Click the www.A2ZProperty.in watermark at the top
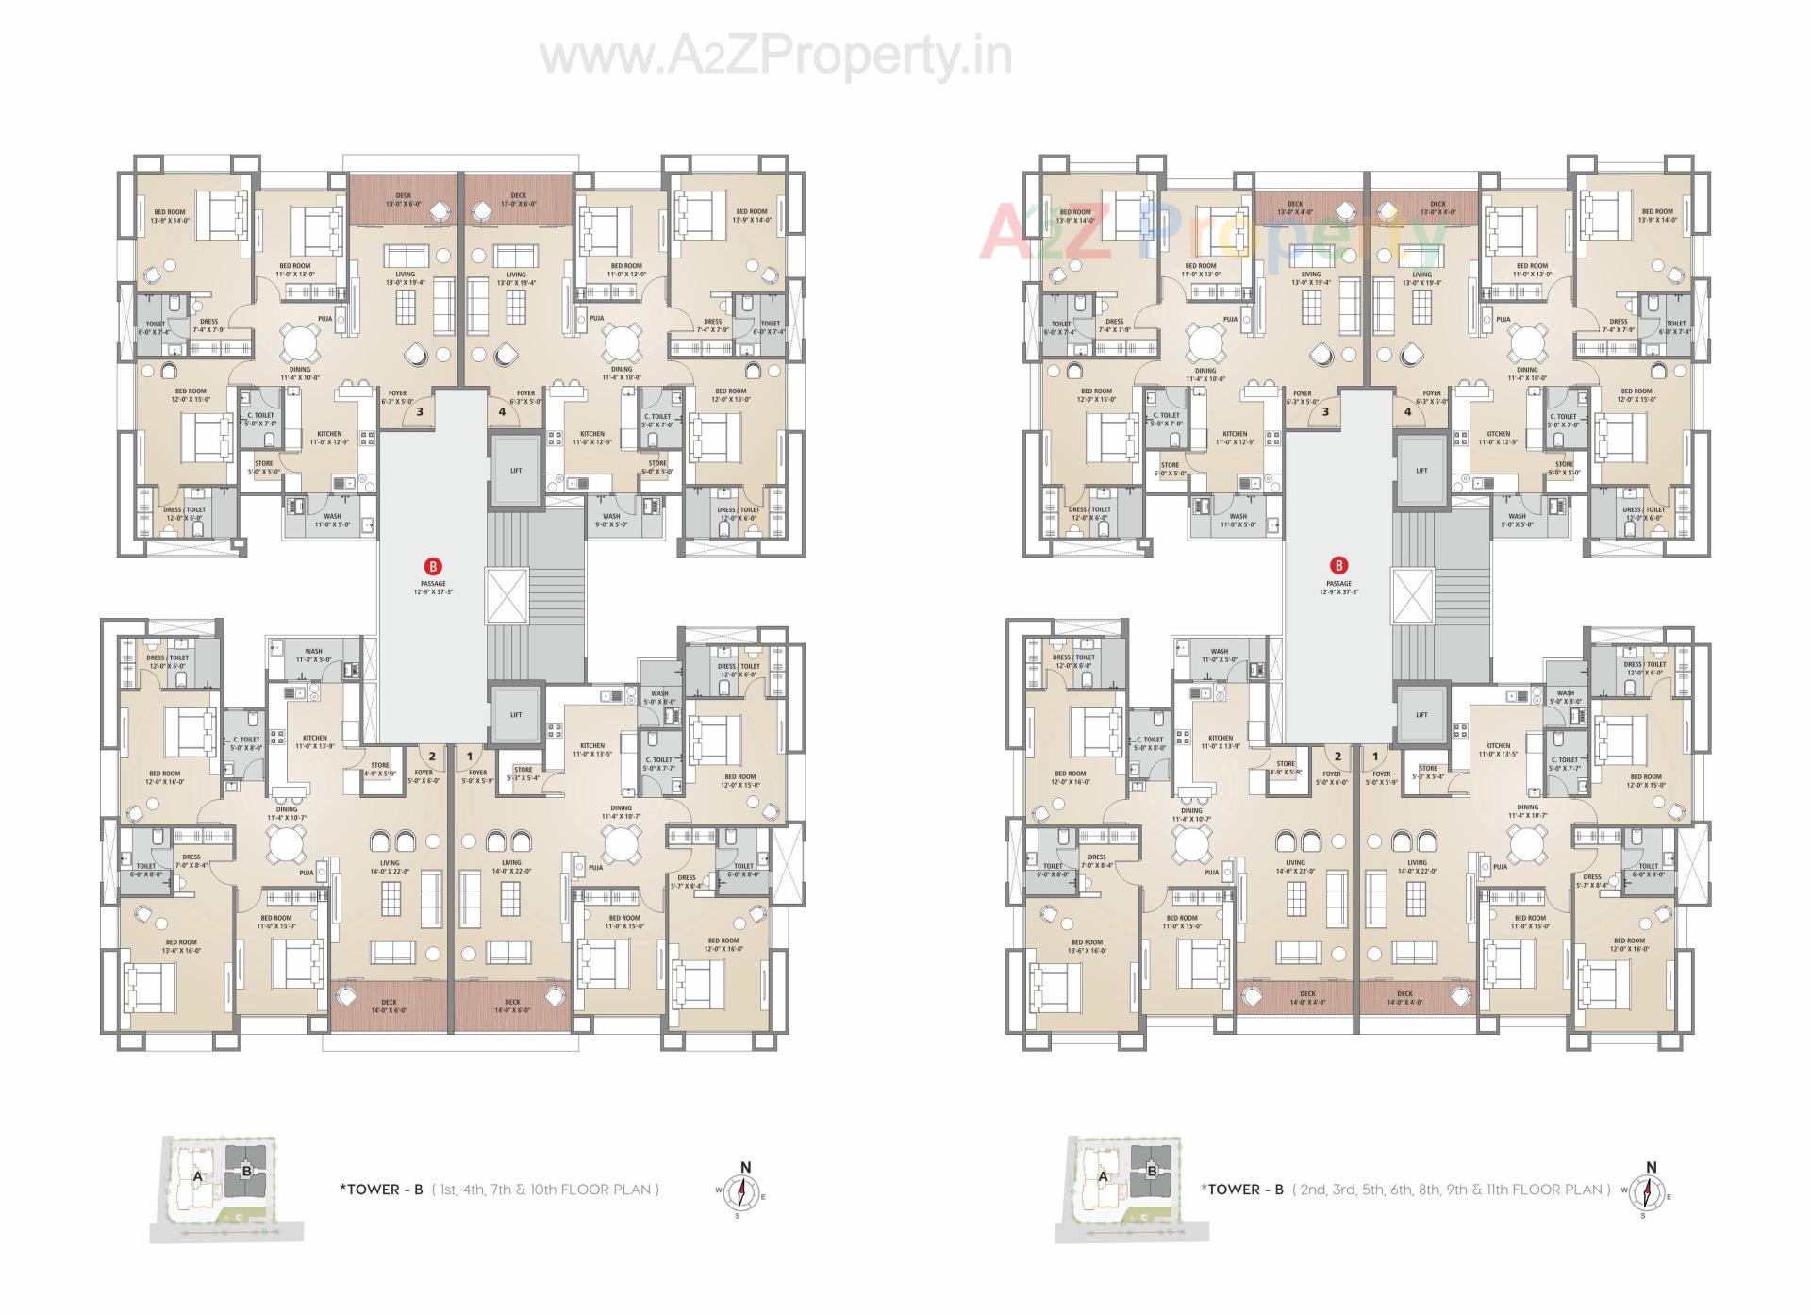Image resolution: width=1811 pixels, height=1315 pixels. click(x=775, y=57)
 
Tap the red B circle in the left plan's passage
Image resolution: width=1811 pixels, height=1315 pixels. click(x=433, y=567)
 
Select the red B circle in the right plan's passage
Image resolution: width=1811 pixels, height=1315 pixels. click(x=1338, y=566)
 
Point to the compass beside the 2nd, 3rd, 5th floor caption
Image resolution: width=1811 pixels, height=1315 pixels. click(x=1650, y=1192)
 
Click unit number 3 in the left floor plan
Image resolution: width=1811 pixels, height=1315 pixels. click(x=419, y=411)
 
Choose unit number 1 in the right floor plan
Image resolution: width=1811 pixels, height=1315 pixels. click(x=1375, y=757)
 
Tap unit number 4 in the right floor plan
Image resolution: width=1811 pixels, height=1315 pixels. click(x=1407, y=411)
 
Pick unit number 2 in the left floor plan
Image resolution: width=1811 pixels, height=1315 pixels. click(x=432, y=757)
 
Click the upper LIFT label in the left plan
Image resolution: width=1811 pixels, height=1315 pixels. click(x=516, y=471)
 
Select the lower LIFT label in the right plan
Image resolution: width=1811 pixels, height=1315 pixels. click(x=1421, y=715)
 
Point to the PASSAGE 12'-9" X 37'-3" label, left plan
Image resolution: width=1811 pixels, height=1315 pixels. click(x=433, y=588)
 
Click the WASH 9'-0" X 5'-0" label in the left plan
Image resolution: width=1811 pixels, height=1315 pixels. click(x=611, y=520)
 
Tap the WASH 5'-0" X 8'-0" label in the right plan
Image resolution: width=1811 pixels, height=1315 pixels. click(x=1566, y=697)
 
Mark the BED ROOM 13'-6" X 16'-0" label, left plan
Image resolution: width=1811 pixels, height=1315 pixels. click(x=181, y=946)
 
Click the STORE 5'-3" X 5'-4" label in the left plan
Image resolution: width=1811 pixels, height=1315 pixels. click(x=523, y=774)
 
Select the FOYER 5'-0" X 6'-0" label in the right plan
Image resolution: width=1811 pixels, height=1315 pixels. click(x=1331, y=778)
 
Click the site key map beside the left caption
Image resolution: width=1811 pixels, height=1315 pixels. click(x=226, y=1189)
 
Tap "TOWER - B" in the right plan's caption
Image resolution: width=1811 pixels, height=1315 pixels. click(x=1242, y=1190)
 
